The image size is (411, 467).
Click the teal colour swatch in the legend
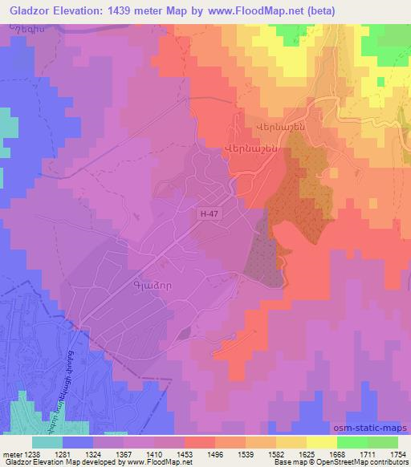point(47,442)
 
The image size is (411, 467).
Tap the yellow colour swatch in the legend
point(321,442)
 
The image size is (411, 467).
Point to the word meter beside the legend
point(11,454)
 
